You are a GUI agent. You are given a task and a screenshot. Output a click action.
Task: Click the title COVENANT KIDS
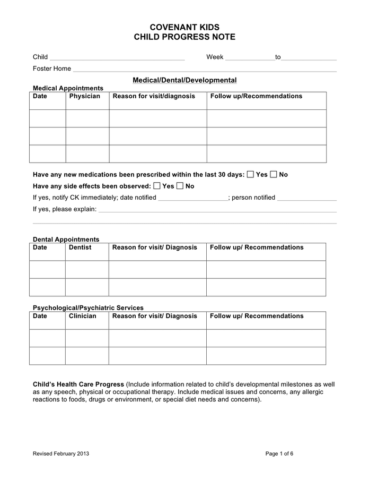184,27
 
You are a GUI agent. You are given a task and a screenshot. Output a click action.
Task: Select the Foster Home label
51,69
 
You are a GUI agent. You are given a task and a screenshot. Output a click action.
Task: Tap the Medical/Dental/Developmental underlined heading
184,80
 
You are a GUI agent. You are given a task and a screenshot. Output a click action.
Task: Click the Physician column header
84,96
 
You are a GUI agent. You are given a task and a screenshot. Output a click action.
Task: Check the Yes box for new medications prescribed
250,174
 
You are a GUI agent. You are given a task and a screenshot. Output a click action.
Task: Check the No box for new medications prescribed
274,174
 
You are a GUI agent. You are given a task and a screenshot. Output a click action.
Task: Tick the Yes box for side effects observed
157,186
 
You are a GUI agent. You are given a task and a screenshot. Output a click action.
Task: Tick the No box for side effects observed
180,186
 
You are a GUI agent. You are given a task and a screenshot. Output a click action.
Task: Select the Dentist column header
80,247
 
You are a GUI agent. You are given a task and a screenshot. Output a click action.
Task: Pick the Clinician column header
83,316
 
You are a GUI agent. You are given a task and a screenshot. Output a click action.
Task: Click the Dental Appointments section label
66,240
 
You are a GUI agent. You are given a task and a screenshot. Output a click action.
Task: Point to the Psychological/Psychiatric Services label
88,308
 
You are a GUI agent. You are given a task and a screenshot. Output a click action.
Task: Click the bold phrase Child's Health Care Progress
78,384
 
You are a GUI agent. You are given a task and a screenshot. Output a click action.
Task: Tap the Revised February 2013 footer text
61,454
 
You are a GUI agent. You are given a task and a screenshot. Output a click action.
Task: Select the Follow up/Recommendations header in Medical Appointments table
256,96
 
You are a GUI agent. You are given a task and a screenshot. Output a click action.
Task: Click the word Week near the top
215,57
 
